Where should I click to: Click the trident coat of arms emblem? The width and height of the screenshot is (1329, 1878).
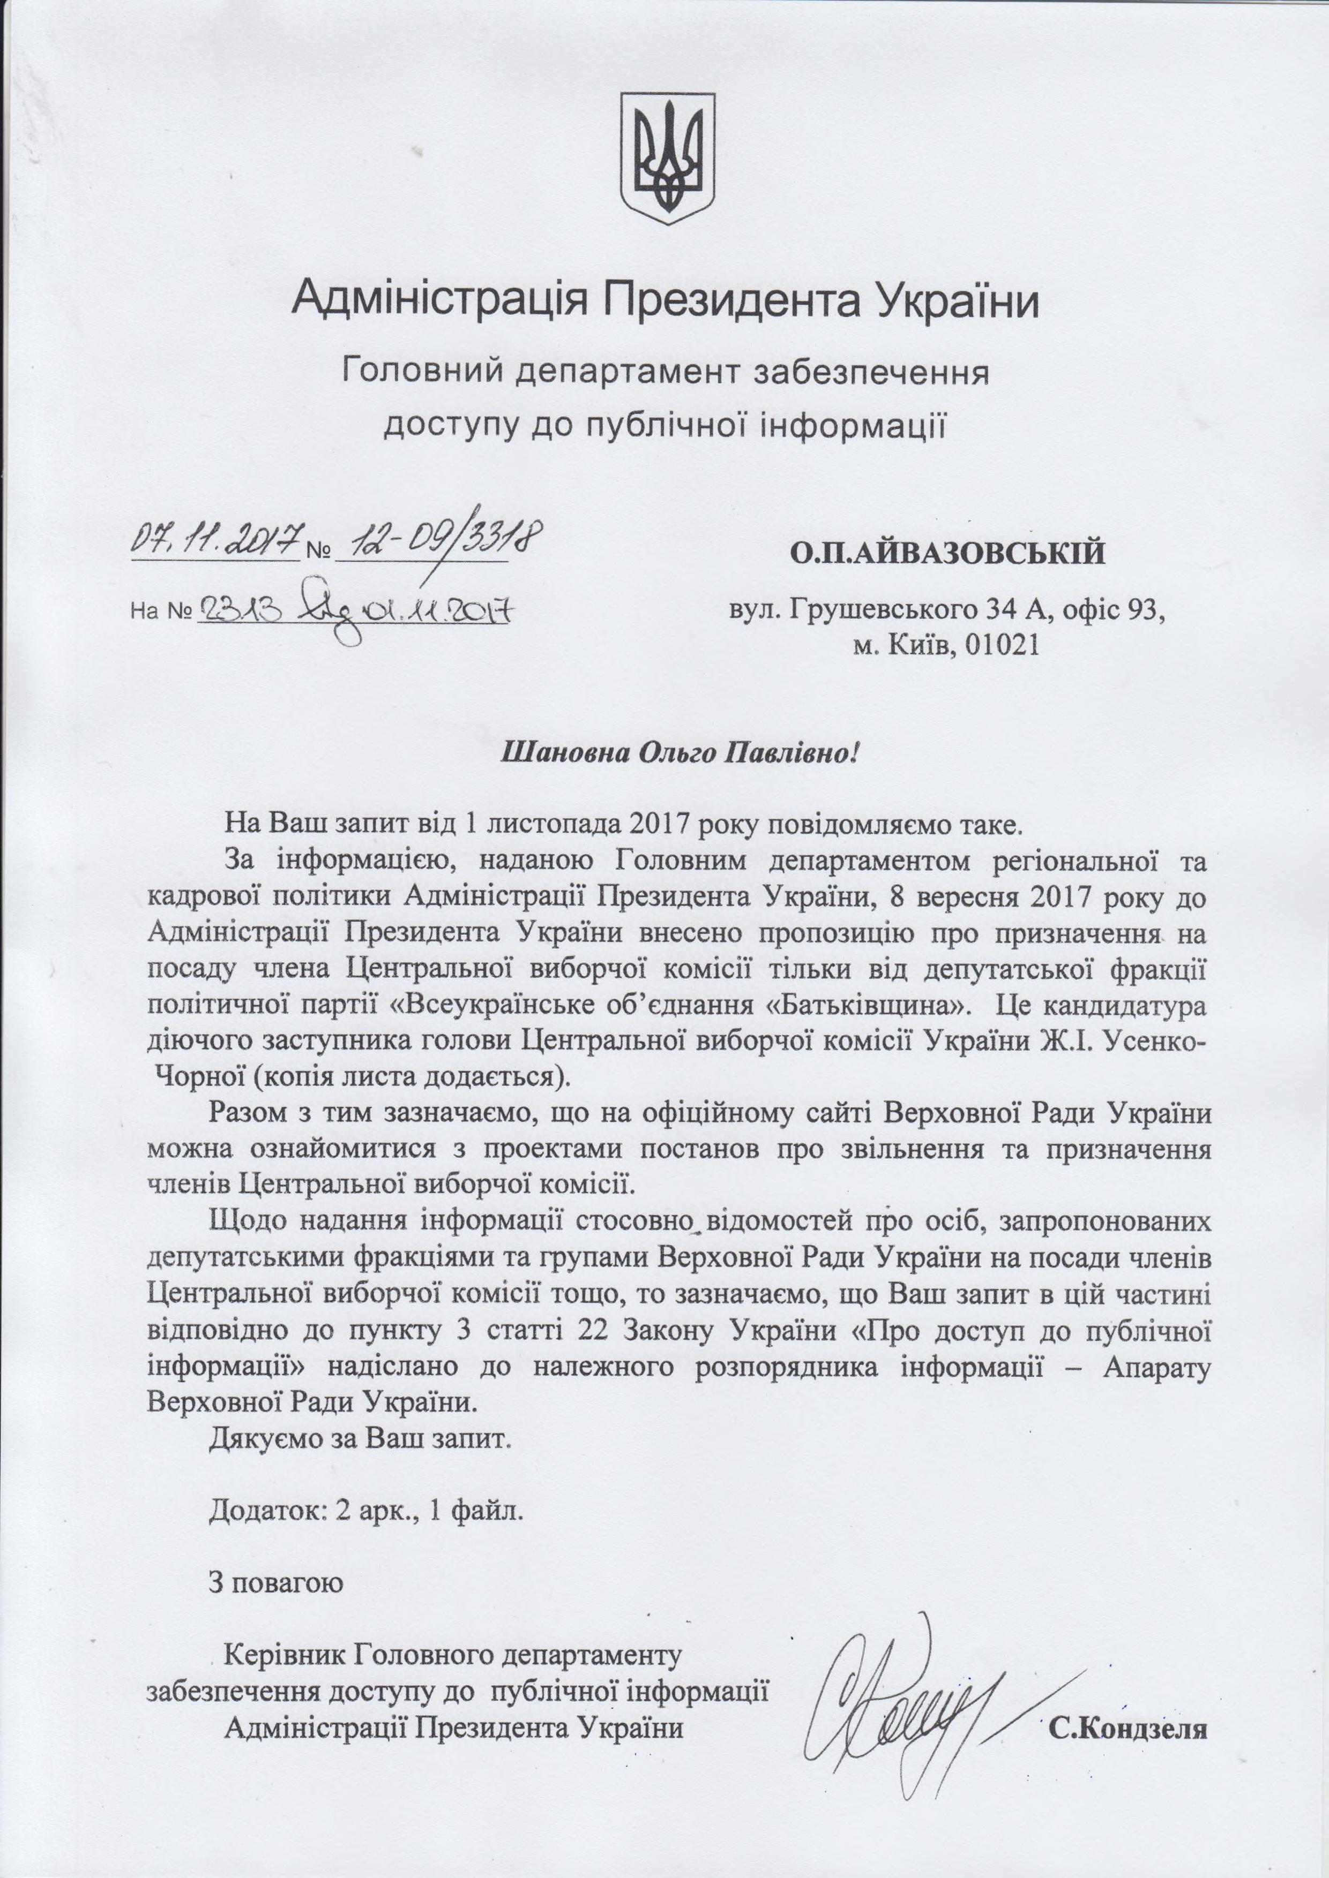coord(668,158)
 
